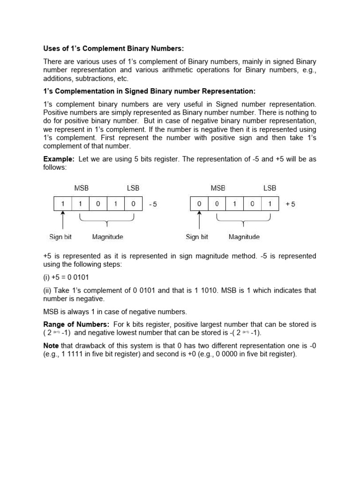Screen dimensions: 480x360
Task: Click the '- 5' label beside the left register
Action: (x=153, y=204)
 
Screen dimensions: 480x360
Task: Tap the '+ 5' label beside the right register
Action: (x=290, y=204)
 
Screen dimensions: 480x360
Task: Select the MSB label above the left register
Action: (x=82, y=188)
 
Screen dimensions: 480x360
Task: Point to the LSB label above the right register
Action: (x=270, y=188)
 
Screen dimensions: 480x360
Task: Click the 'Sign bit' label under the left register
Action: (x=60, y=237)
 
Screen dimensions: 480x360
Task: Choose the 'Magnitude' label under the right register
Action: (x=244, y=237)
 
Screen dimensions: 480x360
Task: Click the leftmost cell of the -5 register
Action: (x=63, y=204)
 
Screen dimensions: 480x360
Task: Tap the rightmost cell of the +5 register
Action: (x=270, y=204)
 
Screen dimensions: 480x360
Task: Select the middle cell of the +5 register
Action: (x=234, y=204)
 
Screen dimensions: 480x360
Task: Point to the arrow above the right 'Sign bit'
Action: (x=200, y=221)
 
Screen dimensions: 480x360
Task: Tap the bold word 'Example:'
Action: (x=59, y=159)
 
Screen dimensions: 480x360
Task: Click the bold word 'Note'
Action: (x=51, y=345)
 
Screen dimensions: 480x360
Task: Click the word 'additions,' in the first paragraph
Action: (x=58, y=79)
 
